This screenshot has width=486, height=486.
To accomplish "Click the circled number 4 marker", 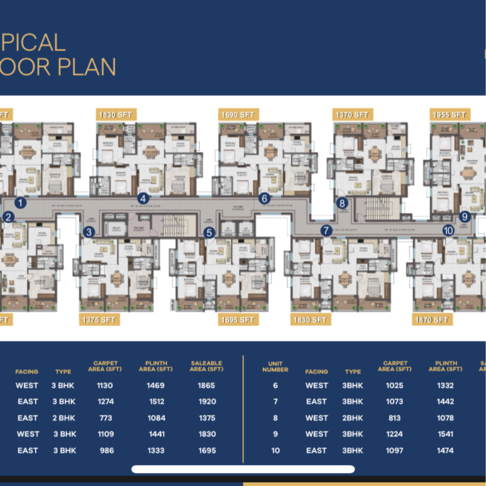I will tap(143, 199).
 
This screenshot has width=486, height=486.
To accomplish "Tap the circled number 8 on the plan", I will tap(342, 203).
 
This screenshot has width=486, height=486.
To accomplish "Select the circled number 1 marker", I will tap(21, 202).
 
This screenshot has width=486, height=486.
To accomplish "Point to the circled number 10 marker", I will tap(448, 230).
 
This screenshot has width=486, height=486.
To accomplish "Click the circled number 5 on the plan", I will tap(209, 232).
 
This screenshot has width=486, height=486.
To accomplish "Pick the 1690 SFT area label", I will tap(237, 115).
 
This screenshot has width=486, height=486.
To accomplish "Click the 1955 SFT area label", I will tap(449, 115).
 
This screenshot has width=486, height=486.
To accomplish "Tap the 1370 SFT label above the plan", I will tap(352, 115).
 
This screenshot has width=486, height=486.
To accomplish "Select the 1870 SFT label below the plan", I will tap(432, 319).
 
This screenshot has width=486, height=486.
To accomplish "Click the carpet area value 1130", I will tap(105, 385).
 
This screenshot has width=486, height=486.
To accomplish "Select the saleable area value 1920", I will tap(206, 402).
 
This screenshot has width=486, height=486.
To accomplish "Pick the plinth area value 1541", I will tap(446, 434).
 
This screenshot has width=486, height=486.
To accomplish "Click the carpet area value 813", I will tap(395, 418).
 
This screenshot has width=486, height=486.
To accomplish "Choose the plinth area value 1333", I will tap(156, 451).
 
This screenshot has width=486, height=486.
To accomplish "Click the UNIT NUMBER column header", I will tap(275, 366).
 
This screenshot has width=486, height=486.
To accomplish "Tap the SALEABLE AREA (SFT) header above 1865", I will tap(206, 366).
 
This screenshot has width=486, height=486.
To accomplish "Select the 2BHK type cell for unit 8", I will tap(353, 418).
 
